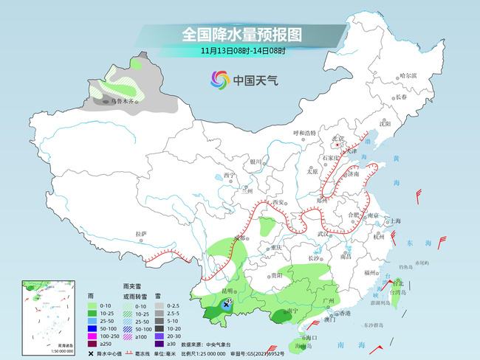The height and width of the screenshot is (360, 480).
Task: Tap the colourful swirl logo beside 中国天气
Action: [220, 80]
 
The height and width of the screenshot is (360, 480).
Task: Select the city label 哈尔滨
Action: [408, 75]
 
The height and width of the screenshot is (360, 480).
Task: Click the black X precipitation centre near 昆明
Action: [225, 304]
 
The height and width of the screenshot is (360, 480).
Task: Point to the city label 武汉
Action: [322, 234]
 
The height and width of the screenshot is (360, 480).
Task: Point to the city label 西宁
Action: [229, 176]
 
